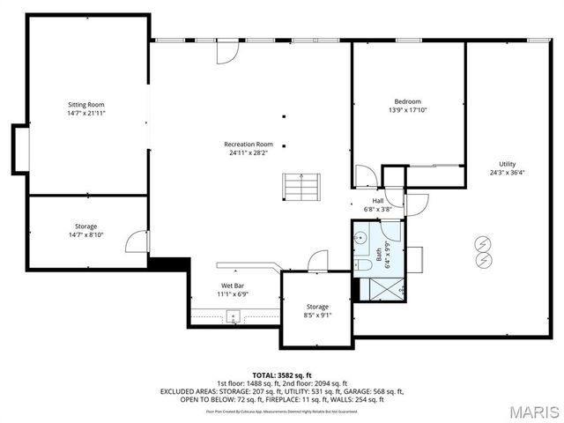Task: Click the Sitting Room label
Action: tap(86, 105)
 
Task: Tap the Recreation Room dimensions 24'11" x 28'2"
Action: tap(248, 152)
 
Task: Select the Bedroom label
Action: tap(407, 101)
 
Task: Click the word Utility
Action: tap(507, 164)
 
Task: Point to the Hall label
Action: tap(377, 201)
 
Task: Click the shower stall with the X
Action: tap(378, 288)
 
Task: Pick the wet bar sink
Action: tap(234, 315)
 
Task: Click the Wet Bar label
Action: tap(233, 286)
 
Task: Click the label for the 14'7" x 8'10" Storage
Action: tap(85, 226)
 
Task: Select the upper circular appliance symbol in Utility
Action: tap(482, 244)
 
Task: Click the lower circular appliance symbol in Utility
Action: tap(482, 261)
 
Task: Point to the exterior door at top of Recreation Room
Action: tap(227, 51)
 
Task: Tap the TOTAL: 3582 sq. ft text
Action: tap(282, 375)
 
